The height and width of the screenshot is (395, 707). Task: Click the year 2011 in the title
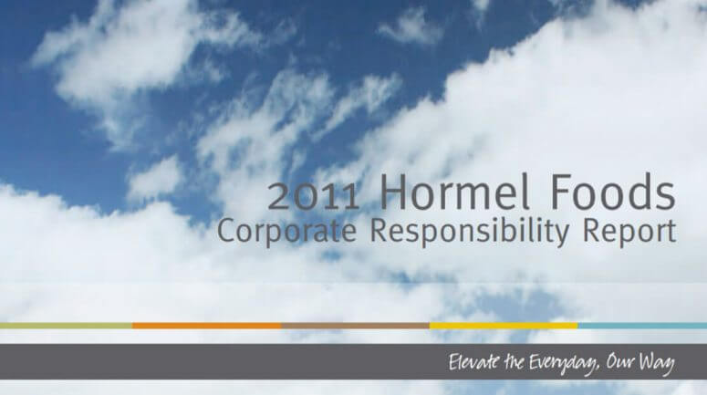tap(314, 195)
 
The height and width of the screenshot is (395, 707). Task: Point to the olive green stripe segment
tap(66, 325)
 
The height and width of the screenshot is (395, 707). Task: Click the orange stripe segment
tap(206, 325)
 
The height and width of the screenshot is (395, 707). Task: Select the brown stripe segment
tap(355, 325)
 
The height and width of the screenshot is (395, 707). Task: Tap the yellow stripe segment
tap(503, 325)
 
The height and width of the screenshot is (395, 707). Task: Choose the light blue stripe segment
tap(642, 325)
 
